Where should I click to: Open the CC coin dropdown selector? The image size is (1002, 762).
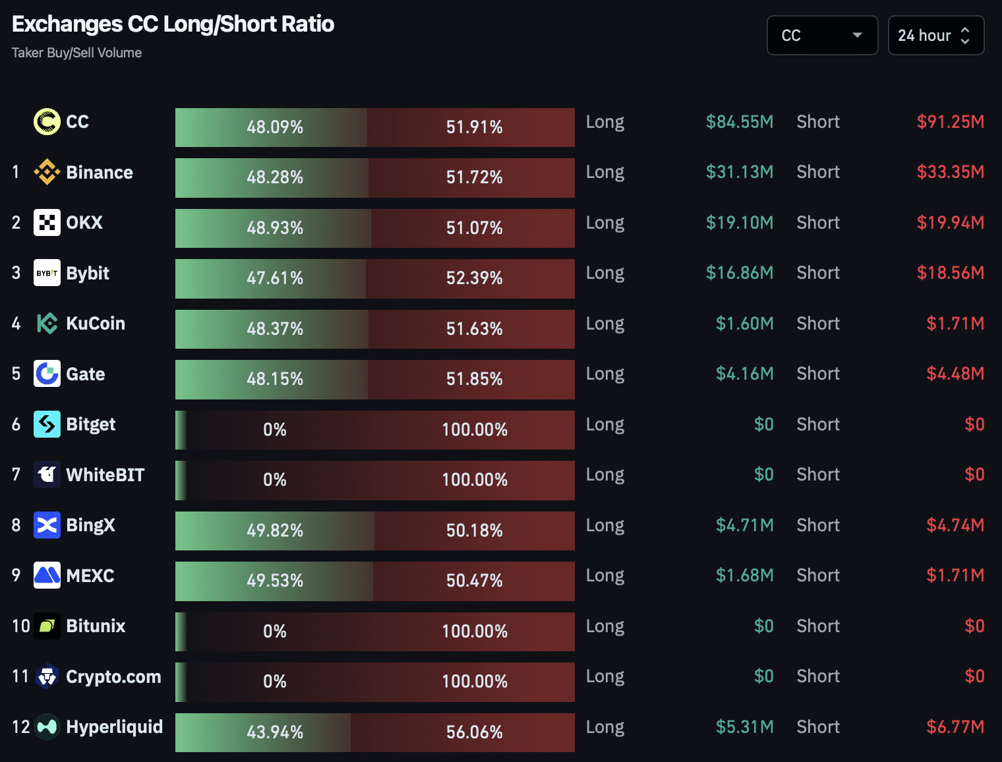coord(822,36)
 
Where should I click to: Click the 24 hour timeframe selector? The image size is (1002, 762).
coord(935,36)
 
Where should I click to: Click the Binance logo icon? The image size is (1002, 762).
coord(47,172)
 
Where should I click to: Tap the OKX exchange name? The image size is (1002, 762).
coord(84,223)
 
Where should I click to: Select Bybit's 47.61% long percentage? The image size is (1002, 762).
coord(275,278)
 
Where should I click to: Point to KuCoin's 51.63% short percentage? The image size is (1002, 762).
coord(474,328)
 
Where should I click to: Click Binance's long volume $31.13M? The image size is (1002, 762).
coord(739,172)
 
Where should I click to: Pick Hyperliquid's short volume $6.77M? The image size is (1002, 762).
coord(955,727)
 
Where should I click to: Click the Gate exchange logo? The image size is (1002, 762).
coord(47,374)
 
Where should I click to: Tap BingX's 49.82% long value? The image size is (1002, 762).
coord(275,530)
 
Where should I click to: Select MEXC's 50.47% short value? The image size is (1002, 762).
coord(474,581)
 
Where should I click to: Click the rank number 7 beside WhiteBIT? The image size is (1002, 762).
coord(16,475)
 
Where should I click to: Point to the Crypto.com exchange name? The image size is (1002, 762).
coord(113,677)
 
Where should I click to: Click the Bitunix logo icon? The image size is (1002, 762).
coord(47,626)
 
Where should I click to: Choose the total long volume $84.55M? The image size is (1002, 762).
coord(739,122)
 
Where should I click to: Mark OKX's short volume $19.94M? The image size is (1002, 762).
coord(950,223)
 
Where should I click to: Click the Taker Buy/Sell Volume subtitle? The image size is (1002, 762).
coord(76,53)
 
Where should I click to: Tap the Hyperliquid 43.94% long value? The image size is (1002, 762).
coord(275,732)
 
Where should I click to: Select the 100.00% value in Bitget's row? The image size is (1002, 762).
coord(474,430)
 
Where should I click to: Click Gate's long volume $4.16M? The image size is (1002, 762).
coord(744,374)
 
